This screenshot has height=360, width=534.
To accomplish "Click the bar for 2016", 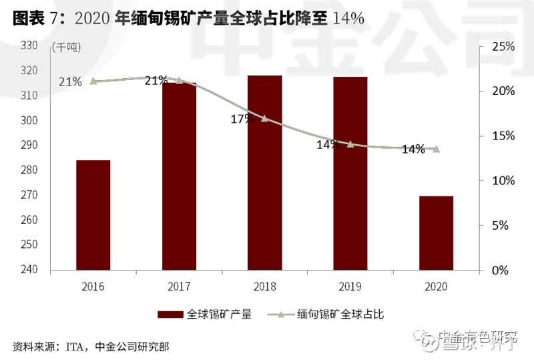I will point(93,215).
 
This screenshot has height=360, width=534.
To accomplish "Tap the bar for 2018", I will point(264,173).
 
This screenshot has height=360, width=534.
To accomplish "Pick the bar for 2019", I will point(350,174).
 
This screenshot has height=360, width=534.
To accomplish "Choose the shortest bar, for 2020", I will point(436,233).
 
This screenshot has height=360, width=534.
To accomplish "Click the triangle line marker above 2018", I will point(264,118).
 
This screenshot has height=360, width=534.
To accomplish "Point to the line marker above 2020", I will point(436,149).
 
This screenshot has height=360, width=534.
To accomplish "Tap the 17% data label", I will point(242,120).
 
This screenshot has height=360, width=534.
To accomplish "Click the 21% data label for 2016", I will point(70,82).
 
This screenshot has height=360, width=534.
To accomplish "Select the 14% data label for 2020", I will point(413,150).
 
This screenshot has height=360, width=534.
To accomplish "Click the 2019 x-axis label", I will point(350,287).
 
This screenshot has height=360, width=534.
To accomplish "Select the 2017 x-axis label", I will point(179,287).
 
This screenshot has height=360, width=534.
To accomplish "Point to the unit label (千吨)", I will point(66,47).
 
